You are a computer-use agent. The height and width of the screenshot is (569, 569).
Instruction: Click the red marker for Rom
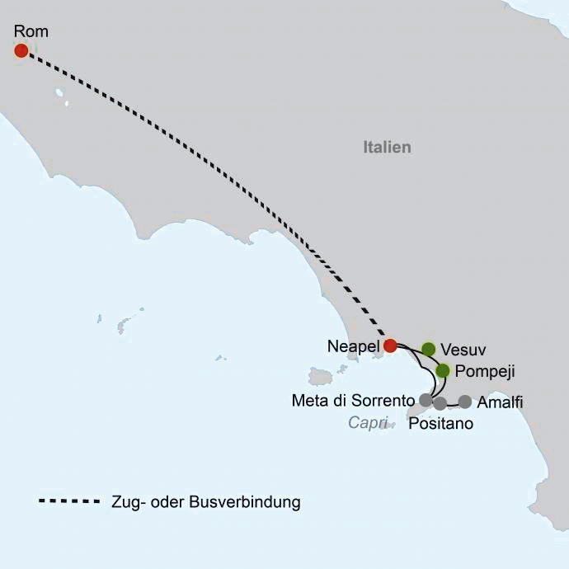(x=21, y=50)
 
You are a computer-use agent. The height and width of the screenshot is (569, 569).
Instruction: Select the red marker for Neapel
(x=391, y=346)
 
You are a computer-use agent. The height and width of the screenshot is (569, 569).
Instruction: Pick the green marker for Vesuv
(x=428, y=349)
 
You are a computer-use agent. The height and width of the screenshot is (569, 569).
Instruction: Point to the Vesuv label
(x=462, y=349)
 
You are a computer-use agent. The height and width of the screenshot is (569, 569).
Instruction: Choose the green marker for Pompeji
(x=443, y=370)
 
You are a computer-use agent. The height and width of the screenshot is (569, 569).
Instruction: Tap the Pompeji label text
(x=485, y=372)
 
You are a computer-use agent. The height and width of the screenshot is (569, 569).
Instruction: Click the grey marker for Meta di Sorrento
(x=426, y=400)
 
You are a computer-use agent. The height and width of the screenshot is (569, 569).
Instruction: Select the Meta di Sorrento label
(x=352, y=401)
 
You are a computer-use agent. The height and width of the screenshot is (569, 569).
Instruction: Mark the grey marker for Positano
(x=440, y=403)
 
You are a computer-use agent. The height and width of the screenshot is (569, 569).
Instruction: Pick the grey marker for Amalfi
(x=465, y=402)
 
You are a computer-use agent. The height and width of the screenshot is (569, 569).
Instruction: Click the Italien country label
(x=387, y=148)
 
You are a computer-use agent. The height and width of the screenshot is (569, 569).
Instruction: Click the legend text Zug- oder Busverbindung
(x=205, y=501)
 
